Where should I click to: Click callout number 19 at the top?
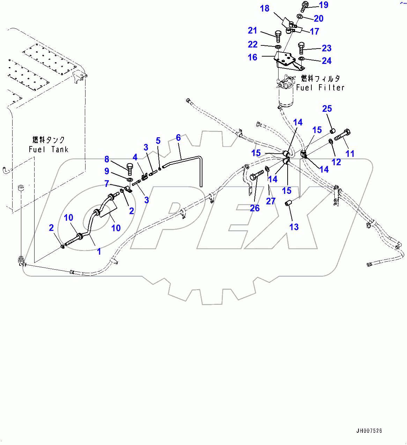(x=324, y=5)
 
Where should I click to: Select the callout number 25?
(x=327, y=109)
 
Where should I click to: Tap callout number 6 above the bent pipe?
(x=178, y=138)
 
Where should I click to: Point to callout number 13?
(x=294, y=227)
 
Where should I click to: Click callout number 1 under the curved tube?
(x=99, y=251)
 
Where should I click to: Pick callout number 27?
(x=271, y=201)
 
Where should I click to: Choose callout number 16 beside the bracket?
(x=252, y=57)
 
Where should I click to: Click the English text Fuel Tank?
(x=49, y=149)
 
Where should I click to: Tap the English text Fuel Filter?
(x=320, y=88)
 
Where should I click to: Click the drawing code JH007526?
(x=369, y=431)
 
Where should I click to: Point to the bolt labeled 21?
(x=278, y=36)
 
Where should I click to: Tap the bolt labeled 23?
(x=302, y=48)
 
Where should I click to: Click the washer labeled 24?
(x=302, y=59)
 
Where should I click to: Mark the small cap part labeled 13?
(x=288, y=203)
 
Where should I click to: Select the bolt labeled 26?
(x=255, y=175)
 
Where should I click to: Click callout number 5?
(x=158, y=141)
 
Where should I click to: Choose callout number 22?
(x=252, y=44)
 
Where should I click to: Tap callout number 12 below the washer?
(x=336, y=162)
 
